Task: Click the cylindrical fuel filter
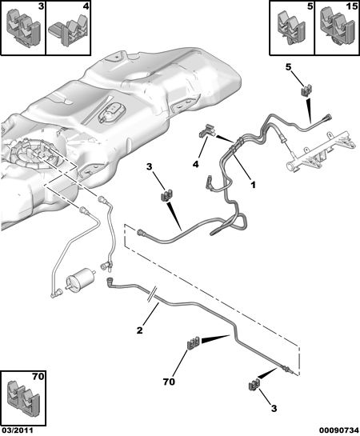81,278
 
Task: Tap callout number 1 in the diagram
253,184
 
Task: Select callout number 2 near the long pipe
139,330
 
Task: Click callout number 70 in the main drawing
169,382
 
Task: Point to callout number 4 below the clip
196,164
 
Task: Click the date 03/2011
17,430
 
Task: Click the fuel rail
320,151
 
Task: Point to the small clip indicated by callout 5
306,90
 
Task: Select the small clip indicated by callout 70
193,342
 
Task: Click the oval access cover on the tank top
111,112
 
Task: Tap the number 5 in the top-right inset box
310,6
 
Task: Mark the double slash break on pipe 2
152,295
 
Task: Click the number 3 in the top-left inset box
41,6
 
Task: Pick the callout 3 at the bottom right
274,409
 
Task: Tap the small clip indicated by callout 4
207,130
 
